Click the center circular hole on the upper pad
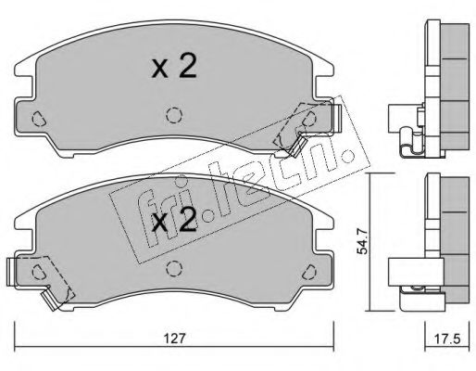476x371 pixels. tap(173, 115)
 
